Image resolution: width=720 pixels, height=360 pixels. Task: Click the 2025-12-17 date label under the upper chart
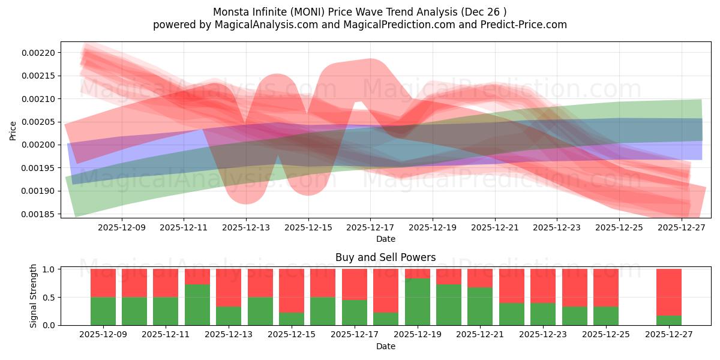pyautogui.click(x=370, y=228)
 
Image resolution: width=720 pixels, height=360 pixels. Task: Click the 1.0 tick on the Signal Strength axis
pyautogui.click(x=51, y=269)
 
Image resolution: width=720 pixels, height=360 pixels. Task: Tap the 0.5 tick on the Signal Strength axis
pyautogui.click(x=51, y=298)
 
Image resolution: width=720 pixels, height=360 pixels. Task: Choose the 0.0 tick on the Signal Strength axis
pyautogui.click(x=51, y=325)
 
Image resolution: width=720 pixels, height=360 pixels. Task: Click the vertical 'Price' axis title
pyautogui.click(x=13, y=130)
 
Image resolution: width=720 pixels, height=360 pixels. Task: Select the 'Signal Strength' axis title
pyautogui.click(x=34, y=296)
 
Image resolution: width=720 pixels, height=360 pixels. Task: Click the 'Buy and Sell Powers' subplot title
pyautogui.click(x=385, y=257)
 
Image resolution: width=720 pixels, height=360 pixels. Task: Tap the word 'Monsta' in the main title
pyautogui.click(x=230, y=12)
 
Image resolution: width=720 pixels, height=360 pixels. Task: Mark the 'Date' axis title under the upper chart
pyautogui.click(x=385, y=239)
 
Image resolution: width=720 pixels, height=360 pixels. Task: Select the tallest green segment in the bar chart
pyautogui.click(x=418, y=302)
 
